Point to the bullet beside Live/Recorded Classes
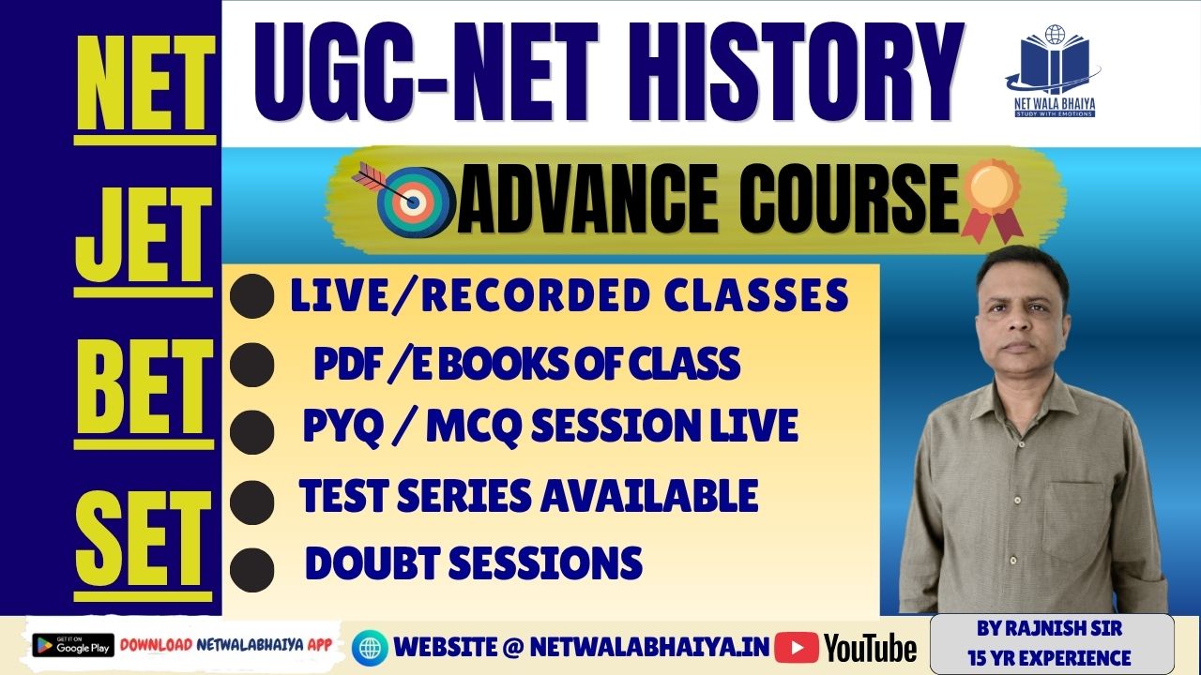[251, 298]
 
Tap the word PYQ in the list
[338, 427]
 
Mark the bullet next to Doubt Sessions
[251, 568]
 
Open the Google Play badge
[73, 646]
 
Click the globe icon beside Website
[370, 647]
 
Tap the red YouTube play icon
[797, 647]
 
